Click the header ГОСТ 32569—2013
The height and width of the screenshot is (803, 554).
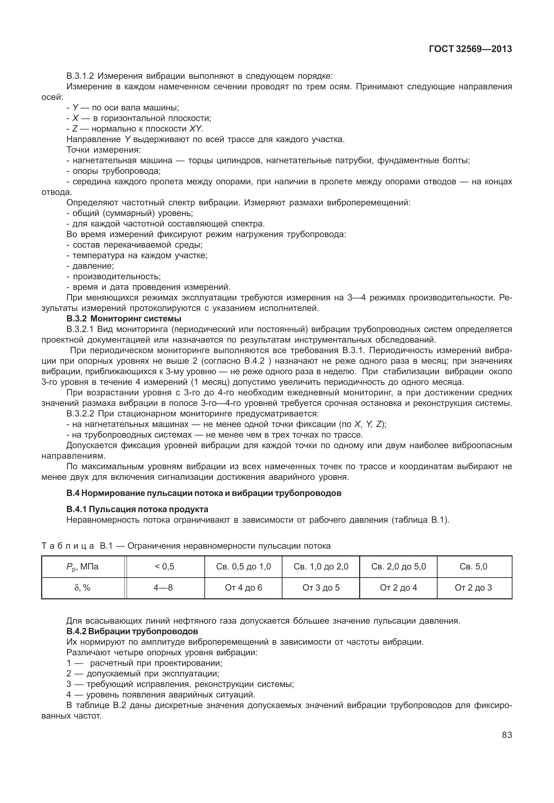(470, 49)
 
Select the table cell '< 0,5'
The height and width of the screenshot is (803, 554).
(165, 567)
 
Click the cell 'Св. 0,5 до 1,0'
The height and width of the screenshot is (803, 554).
(243, 567)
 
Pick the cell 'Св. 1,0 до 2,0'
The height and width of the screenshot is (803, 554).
(321, 567)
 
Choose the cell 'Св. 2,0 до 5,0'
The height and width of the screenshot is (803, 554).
(398, 567)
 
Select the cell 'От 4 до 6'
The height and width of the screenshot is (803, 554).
(243, 588)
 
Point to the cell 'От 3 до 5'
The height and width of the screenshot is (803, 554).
(321, 588)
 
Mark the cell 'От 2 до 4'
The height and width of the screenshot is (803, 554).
(398, 588)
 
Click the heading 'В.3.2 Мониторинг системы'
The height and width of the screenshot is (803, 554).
(124, 319)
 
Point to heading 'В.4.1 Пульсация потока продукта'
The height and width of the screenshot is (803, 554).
(137, 509)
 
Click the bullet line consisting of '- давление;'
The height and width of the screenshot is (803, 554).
(90, 266)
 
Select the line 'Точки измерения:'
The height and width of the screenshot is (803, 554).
(103, 150)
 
